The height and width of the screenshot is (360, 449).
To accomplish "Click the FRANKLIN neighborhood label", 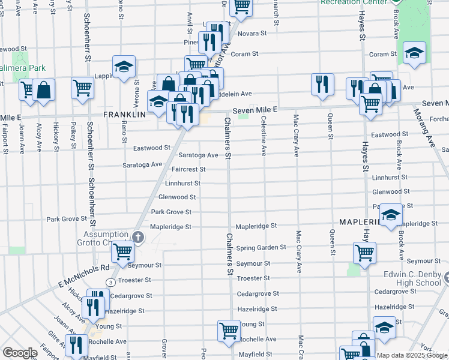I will pyautogui.click(x=125, y=114).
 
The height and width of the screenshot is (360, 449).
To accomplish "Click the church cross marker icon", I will pyautogui.click(x=137, y=238).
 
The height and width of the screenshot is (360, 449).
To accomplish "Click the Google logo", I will pyautogui.click(x=19, y=353).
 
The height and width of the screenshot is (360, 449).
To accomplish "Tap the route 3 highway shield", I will pyautogui.click(x=110, y=282).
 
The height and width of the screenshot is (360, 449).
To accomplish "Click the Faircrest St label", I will pyautogui.click(x=188, y=169).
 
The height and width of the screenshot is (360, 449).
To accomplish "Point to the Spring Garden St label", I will pyautogui.click(x=261, y=248).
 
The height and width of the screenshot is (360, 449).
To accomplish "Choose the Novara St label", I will pyautogui.click(x=254, y=34).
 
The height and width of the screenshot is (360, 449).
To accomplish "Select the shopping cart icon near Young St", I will pyautogui.click(x=229, y=330).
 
